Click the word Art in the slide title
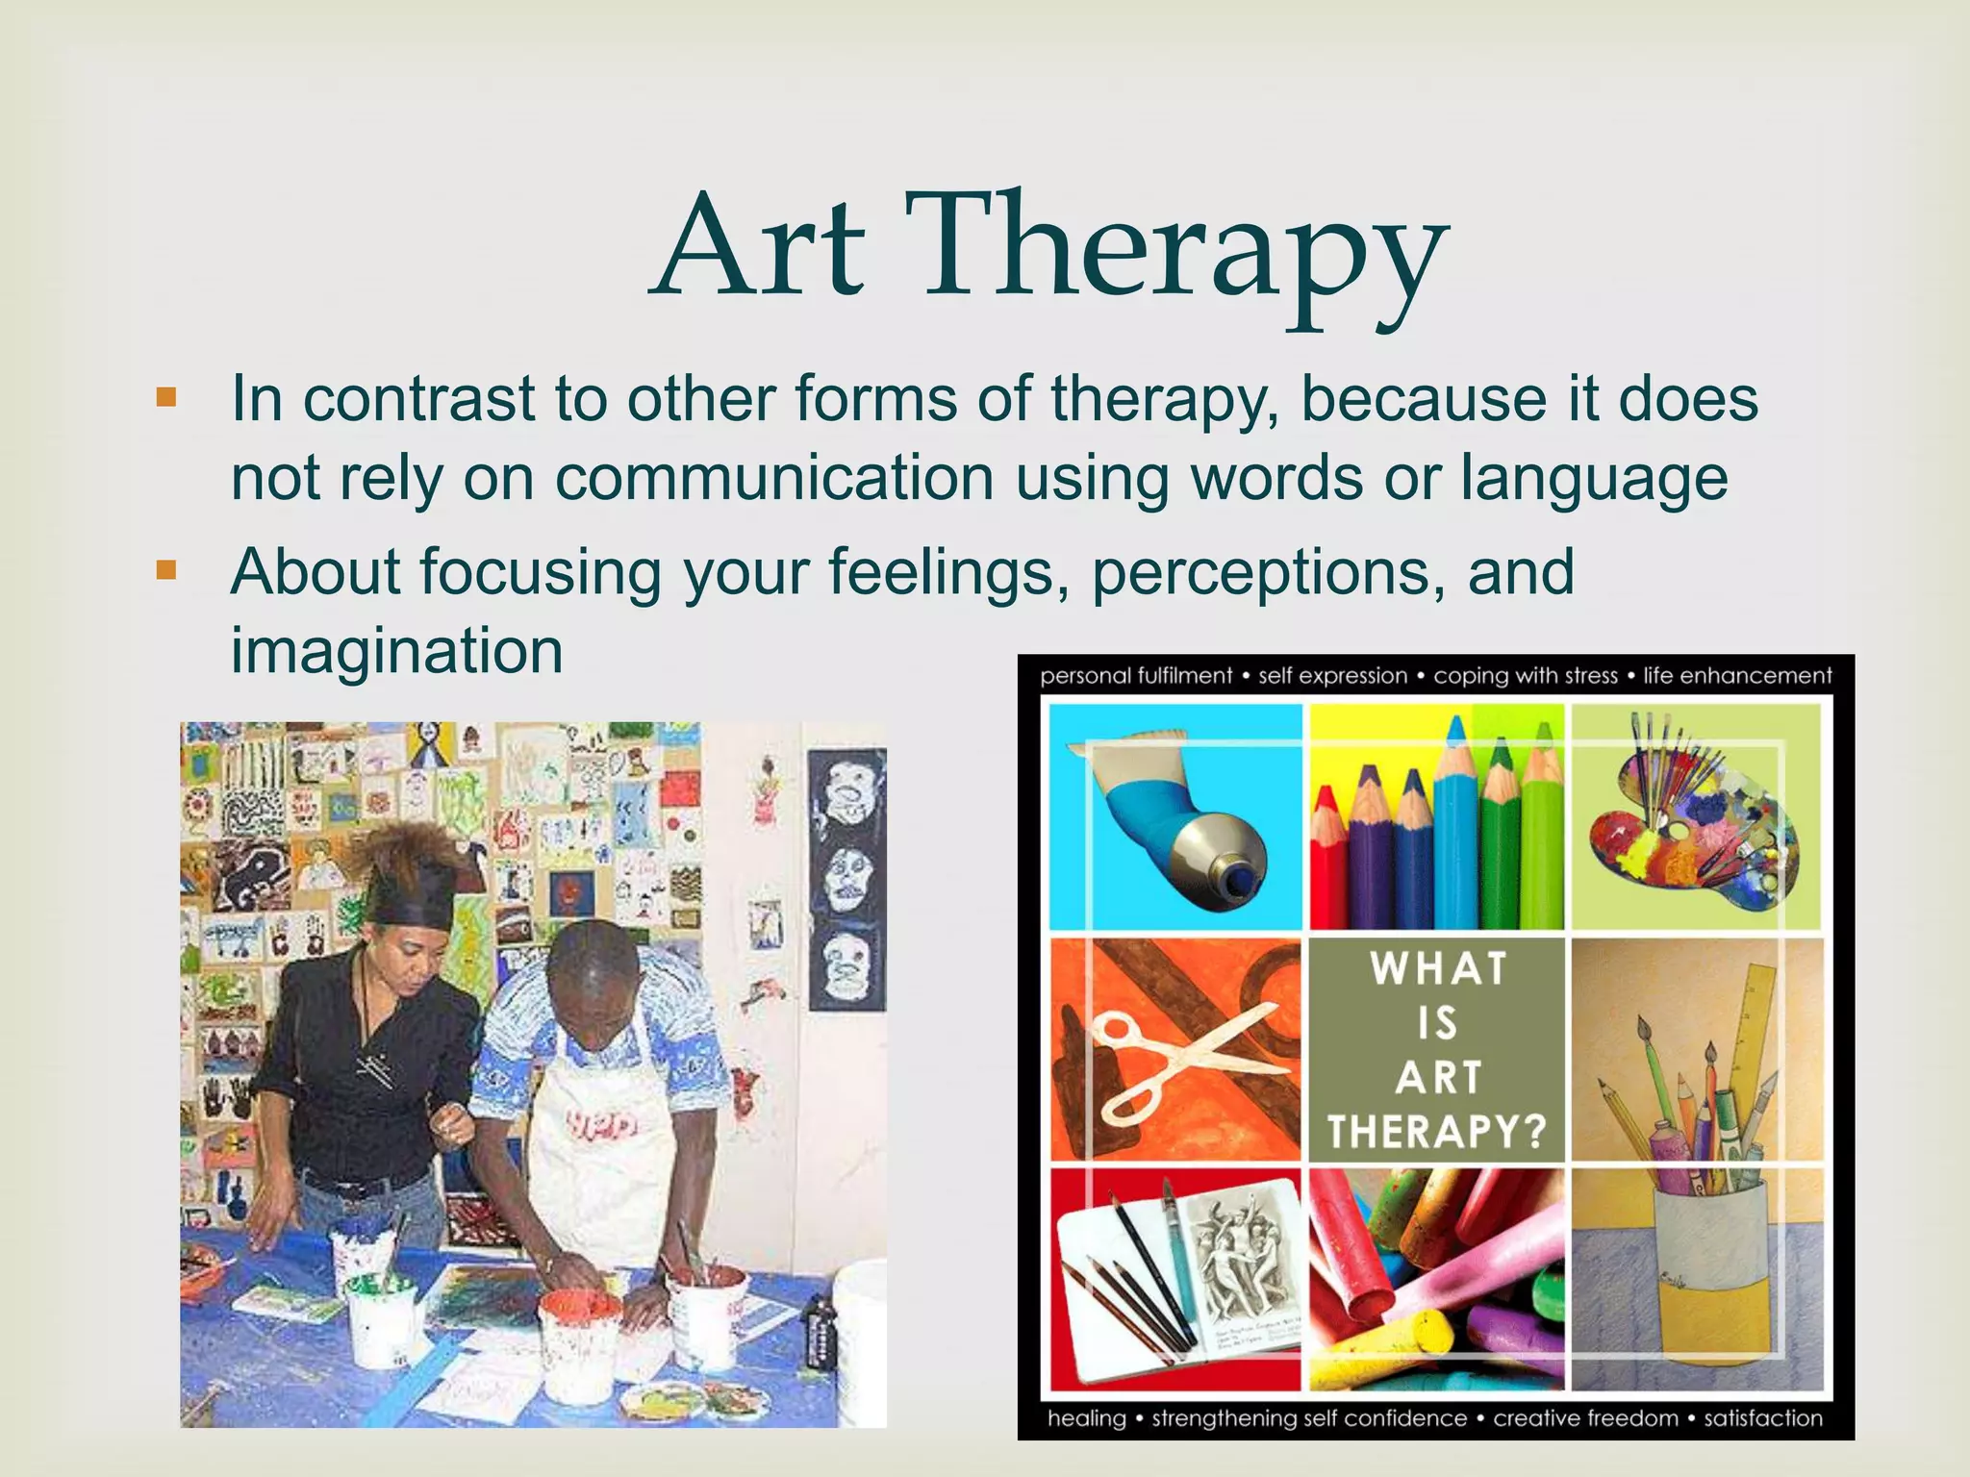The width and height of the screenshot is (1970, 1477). click(x=760, y=248)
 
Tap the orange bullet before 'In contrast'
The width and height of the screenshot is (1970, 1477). click(x=166, y=397)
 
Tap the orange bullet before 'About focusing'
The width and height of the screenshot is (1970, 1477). click(x=166, y=570)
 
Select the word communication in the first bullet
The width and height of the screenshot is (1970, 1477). click(x=774, y=478)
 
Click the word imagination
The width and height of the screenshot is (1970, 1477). click(x=396, y=651)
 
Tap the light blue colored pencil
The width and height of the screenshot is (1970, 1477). click(x=1455, y=827)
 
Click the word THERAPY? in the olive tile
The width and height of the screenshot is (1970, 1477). click(x=1436, y=1131)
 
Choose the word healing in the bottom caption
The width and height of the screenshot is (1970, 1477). click(x=1086, y=1417)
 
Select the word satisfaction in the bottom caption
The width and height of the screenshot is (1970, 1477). click(x=1763, y=1417)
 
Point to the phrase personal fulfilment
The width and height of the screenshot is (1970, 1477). click(x=1135, y=676)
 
